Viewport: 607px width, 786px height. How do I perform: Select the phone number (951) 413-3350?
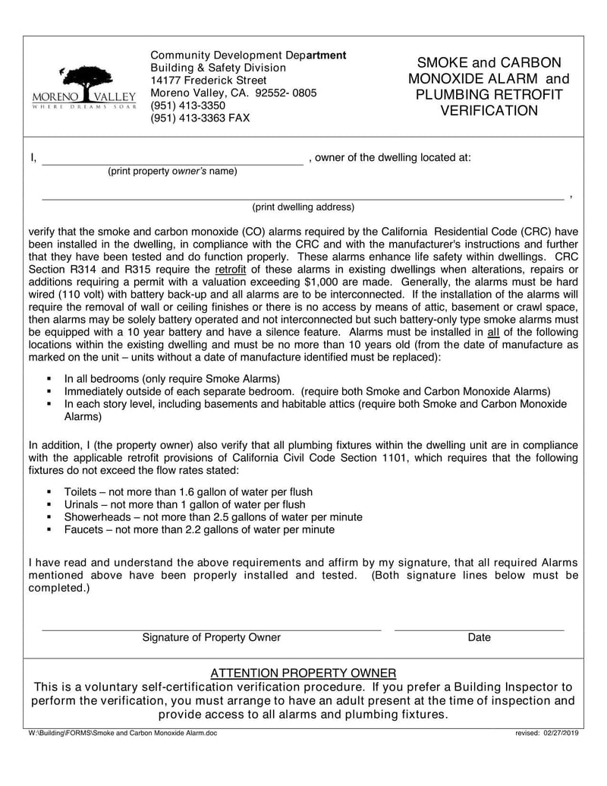point(187,106)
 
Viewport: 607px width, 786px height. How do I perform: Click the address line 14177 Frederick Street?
point(209,80)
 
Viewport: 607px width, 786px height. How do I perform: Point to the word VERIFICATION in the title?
point(489,111)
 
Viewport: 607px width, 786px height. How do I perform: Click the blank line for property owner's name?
point(172,163)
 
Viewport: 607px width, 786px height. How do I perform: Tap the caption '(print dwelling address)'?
point(303,207)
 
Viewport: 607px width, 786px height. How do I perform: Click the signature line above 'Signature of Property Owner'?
point(211,630)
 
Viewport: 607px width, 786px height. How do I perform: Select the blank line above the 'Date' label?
point(479,630)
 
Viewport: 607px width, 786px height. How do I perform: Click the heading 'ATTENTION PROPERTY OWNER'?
point(303,674)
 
